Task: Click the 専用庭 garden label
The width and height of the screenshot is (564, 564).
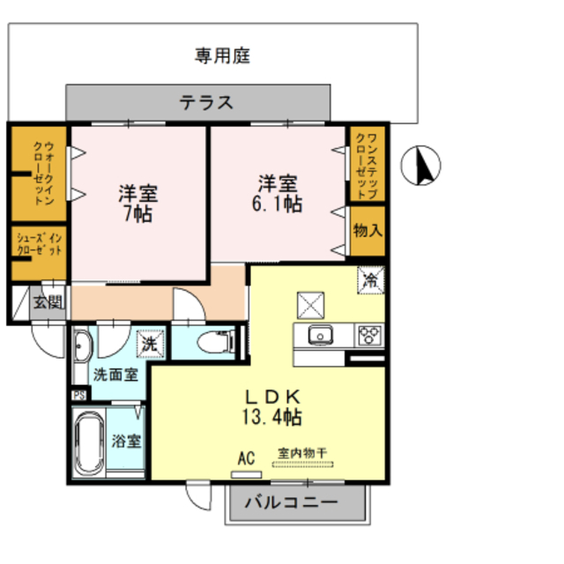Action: [222, 56]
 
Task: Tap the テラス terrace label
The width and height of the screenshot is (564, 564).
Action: [206, 101]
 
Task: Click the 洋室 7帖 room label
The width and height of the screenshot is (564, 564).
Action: [138, 202]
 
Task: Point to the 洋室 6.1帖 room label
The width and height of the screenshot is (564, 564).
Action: [278, 194]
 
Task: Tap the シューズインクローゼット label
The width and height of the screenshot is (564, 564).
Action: [39, 245]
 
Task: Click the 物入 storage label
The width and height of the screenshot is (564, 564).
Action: [367, 232]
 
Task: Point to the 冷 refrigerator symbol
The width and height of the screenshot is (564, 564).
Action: [371, 282]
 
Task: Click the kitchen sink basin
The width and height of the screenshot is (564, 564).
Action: [318, 336]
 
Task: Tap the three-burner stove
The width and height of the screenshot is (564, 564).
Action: [368, 336]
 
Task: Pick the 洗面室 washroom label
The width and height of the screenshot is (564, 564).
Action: [115, 374]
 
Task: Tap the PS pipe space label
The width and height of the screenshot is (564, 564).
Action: [79, 395]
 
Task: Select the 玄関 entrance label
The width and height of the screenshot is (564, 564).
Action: [48, 304]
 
